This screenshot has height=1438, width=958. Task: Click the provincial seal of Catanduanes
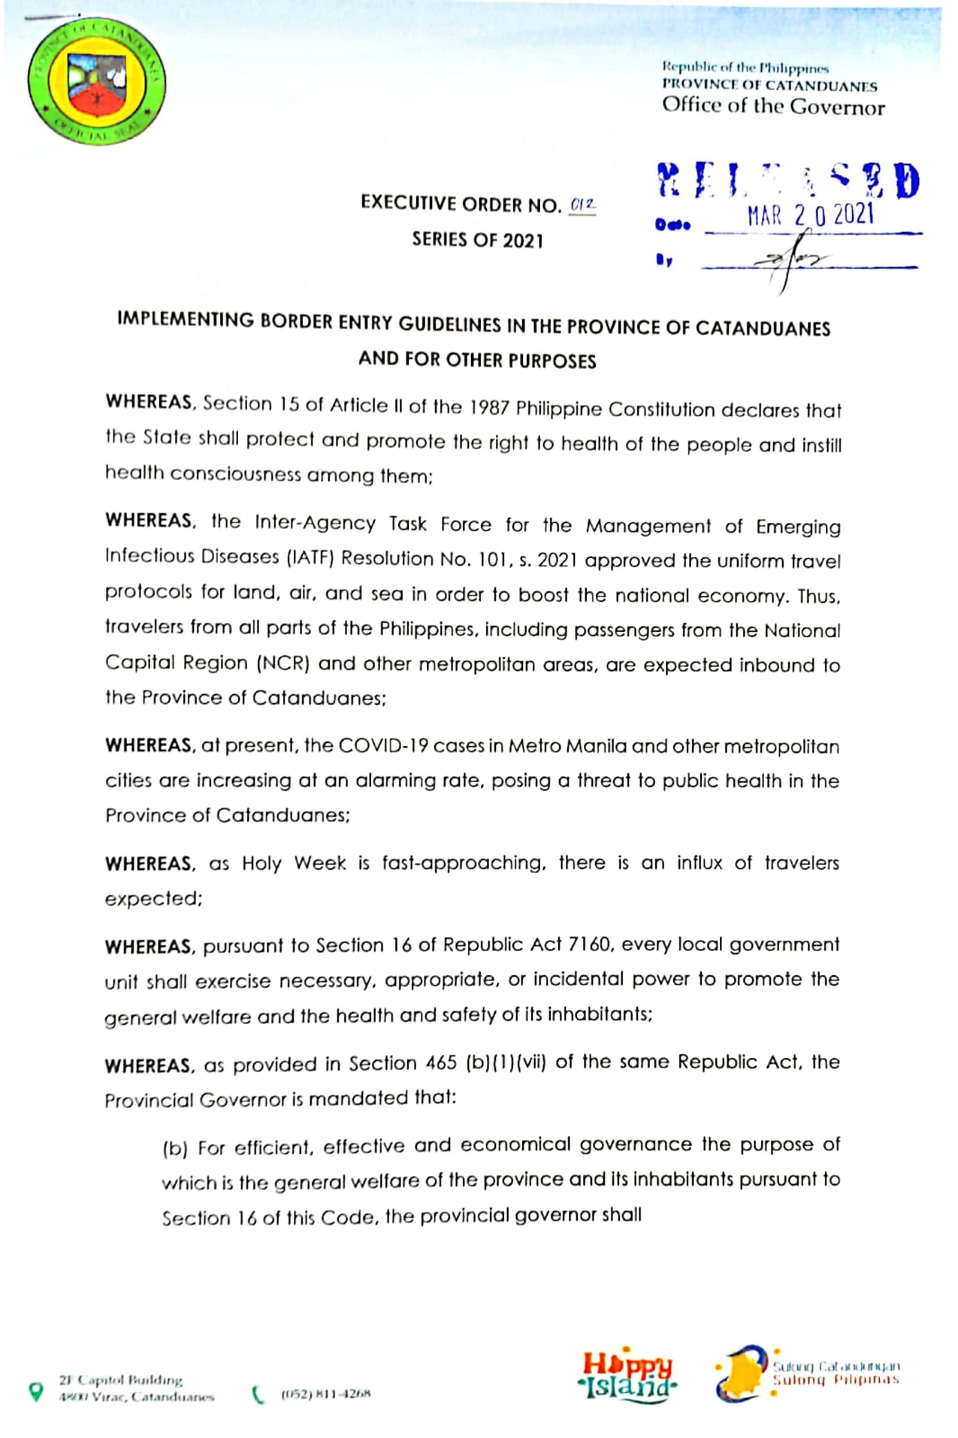point(97,82)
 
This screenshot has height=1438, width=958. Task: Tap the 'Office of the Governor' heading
point(772,106)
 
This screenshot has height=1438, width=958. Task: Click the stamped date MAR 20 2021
point(810,216)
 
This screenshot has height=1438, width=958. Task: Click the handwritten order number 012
point(582,204)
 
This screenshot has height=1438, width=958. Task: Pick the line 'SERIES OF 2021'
point(477,240)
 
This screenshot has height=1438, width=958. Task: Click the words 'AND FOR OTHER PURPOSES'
point(477,360)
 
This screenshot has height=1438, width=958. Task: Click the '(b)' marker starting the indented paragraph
point(174,1149)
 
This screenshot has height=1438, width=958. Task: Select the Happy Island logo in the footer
point(627,1375)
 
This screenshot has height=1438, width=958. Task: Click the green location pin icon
point(35,1391)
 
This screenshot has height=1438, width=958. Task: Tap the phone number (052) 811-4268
point(325,1394)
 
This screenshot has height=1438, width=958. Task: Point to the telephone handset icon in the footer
point(258,1394)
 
